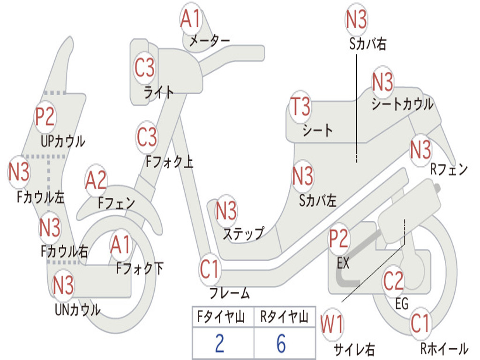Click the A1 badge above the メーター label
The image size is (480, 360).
(x=190, y=18)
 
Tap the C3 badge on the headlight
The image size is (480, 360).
(x=144, y=67)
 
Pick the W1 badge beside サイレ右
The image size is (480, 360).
(x=332, y=324)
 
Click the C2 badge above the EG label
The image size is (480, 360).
(x=393, y=280)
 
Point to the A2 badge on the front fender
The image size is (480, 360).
(x=96, y=180)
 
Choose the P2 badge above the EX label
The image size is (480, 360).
(x=338, y=238)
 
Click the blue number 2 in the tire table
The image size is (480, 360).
(x=219, y=343)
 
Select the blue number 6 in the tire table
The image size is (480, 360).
(x=281, y=343)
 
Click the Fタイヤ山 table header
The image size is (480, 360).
(x=221, y=317)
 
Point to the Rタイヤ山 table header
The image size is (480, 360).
(x=284, y=317)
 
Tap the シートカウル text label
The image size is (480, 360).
(x=403, y=104)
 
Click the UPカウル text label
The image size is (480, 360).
(x=63, y=141)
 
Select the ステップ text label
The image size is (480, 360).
(x=243, y=234)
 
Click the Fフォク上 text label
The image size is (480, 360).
(x=169, y=161)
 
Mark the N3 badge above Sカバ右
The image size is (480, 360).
(x=356, y=19)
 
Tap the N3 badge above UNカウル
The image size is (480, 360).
(x=63, y=285)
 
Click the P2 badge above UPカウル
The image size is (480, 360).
(x=45, y=116)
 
